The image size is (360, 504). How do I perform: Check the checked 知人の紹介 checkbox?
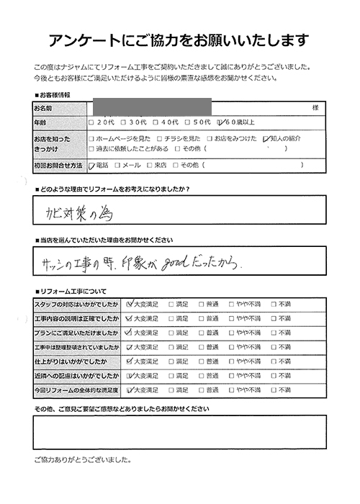(x=267, y=138)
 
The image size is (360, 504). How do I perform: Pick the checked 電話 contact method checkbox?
(x=91, y=165)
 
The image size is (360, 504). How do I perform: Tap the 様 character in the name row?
(x=315, y=107)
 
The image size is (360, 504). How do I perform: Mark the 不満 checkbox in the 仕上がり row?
(x=274, y=361)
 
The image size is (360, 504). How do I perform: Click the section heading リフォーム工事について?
(x=73, y=291)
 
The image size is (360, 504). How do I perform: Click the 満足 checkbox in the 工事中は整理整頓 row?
(x=171, y=346)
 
